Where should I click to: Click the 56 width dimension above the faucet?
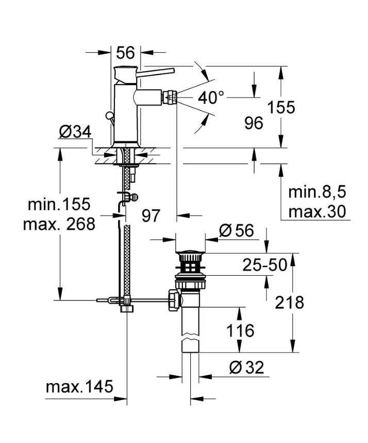tap(125, 52)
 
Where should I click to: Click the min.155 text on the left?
tap(59, 204)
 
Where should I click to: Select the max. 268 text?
tap(59, 225)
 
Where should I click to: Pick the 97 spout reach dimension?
tap(151, 216)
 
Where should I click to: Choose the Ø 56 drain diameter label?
tap(237, 231)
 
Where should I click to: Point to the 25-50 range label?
tap(265, 265)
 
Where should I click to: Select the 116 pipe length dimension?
tap(241, 330)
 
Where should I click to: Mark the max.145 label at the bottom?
tap(79, 387)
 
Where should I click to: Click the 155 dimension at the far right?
tap(281, 107)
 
